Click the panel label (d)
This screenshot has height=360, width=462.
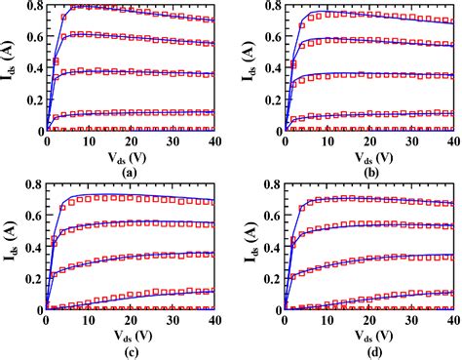coord(368,349)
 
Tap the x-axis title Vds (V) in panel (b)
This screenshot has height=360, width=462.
coord(368,156)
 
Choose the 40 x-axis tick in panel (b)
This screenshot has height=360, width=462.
coord(451,141)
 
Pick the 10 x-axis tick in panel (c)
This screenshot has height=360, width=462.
coord(87,320)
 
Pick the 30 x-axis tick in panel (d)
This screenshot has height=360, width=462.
coord(410,320)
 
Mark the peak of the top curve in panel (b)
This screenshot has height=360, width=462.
coord(319,12)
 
